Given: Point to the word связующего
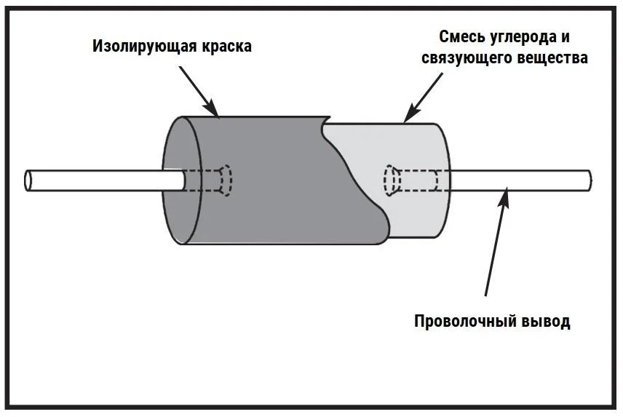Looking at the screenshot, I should [467, 58].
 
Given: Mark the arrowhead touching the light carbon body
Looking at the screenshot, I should [410, 114].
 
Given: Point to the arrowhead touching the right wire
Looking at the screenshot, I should [505, 194].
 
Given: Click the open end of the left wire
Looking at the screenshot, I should [28, 180].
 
